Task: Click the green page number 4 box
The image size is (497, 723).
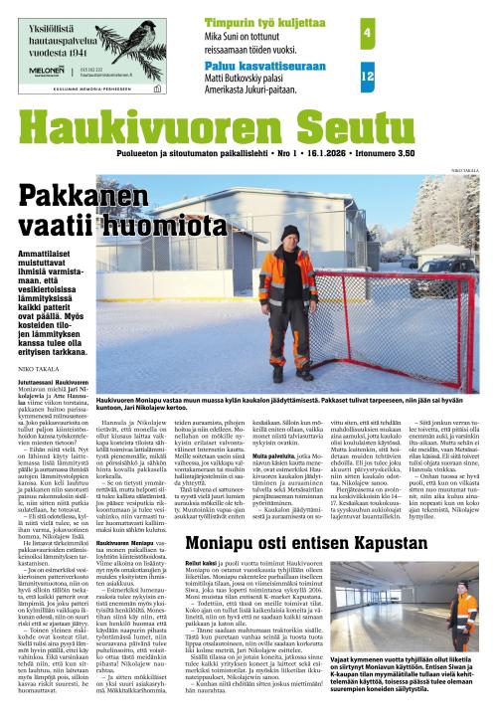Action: tap(367, 33)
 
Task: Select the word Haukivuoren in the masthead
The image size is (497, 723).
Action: tap(128, 123)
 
